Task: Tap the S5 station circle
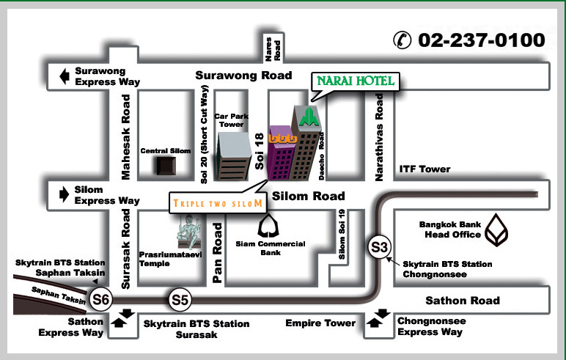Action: pyautogui.click(x=180, y=299)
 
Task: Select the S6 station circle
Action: pyautogui.click(x=100, y=299)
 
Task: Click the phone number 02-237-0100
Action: pyautogui.click(x=481, y=40)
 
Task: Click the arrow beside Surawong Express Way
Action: pyautogui.click(x=64, y=76)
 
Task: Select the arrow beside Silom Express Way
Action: pyautogui.click(x=63, y=194)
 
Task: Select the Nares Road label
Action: pyautogui.click(x=272, y=48)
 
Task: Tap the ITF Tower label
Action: pyautogui.click(x=425, y=169)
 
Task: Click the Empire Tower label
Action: pyautogui.click(x=320, y=323)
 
